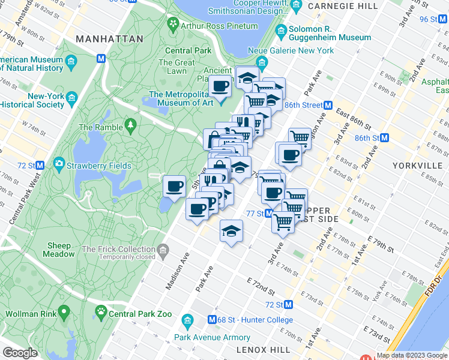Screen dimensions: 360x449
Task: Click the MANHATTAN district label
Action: coord(110,38)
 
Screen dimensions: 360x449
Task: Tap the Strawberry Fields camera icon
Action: coord(59,163)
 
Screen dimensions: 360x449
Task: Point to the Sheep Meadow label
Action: coord(59,250)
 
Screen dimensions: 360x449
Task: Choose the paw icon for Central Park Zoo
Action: coord(100,313)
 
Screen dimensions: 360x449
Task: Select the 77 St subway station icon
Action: coord(270,214)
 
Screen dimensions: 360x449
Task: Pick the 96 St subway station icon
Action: coord(444,19)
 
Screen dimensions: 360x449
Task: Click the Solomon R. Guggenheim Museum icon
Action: coord(280,31)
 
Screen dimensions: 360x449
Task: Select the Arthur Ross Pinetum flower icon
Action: coord(173,24)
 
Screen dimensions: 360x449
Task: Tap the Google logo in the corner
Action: coord(20,352)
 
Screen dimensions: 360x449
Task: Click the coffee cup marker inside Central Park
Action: coord(174,187)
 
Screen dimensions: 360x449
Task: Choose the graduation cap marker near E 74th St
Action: coord(231,230)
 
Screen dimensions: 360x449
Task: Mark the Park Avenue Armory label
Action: coord(212,337)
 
